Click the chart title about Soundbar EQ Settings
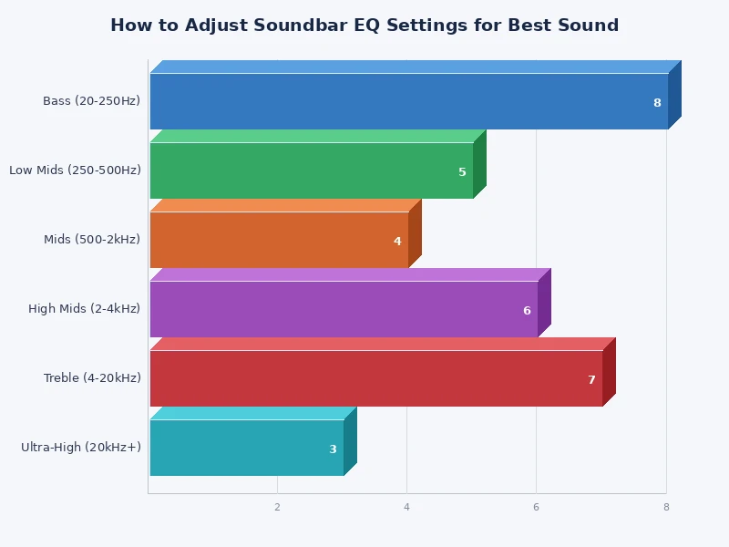(364, 26)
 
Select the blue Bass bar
(408, 101)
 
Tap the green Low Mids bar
(311, 170)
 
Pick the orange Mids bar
(279, 240)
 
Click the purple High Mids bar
(344, 309)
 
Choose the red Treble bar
(375, 378)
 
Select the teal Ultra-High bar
(246, 448)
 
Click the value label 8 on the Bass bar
(657, 103)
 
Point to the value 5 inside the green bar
(462, 172)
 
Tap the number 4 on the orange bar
(397, 242)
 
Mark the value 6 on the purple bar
(527, 311)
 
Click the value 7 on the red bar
(591, 380)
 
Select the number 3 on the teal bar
(333, 449)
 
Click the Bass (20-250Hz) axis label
(91, 101)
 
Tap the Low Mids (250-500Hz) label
(75, 170)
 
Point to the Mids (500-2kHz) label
(92, 240)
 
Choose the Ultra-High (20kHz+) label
(81, 448)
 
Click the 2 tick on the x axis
(277, 508)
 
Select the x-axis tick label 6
(536, 508)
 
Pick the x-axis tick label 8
(666, 508)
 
